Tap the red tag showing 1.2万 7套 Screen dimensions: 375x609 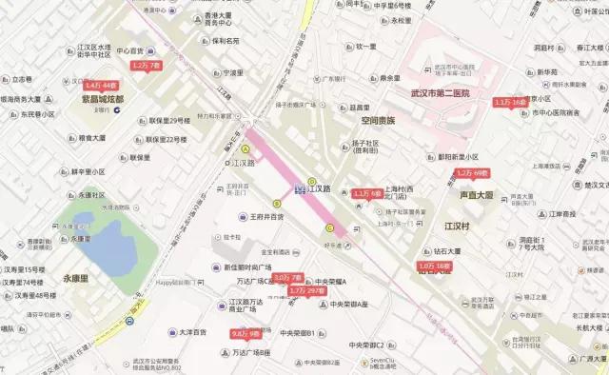pos(147,65)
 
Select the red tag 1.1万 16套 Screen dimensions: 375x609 pos(510,102)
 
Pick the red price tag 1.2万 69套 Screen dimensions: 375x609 pos(471,173)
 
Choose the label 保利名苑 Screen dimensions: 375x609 pos(226,41)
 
